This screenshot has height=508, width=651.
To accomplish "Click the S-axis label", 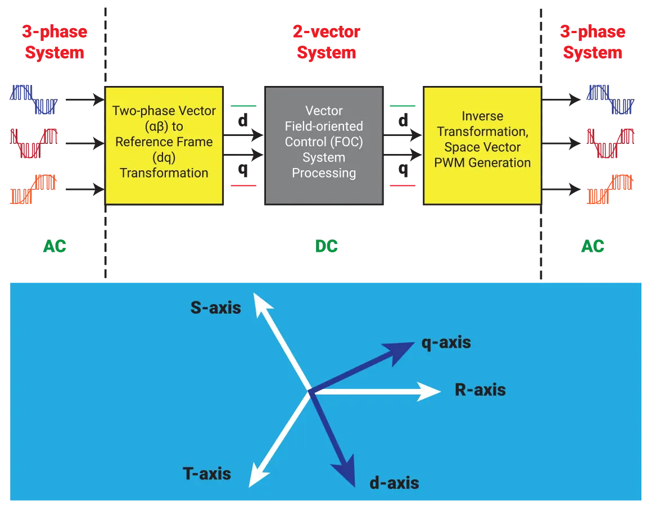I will [216, 307].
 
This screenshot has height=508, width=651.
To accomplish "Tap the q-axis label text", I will [446, 342].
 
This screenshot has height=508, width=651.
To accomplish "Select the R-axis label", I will [480, 390].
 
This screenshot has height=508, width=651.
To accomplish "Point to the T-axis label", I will [207, 474].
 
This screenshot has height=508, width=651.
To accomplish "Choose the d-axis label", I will [395, 483].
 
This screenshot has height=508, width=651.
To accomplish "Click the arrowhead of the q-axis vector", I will [403, 349].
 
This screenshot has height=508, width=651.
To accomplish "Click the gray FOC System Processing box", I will [324, 145].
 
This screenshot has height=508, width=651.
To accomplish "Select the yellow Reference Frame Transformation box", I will [164, 145].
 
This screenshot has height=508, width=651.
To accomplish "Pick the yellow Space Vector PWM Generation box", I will [482, 145].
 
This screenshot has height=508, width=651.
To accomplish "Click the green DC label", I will [327, 246].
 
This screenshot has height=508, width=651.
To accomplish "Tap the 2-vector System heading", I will [327, 42].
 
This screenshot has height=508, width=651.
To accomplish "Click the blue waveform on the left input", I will [34, 98].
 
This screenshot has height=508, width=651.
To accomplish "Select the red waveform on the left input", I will [34, 143].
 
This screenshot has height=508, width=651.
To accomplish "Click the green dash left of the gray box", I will [243, 105].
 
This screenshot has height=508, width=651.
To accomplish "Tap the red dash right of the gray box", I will [403, 185].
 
